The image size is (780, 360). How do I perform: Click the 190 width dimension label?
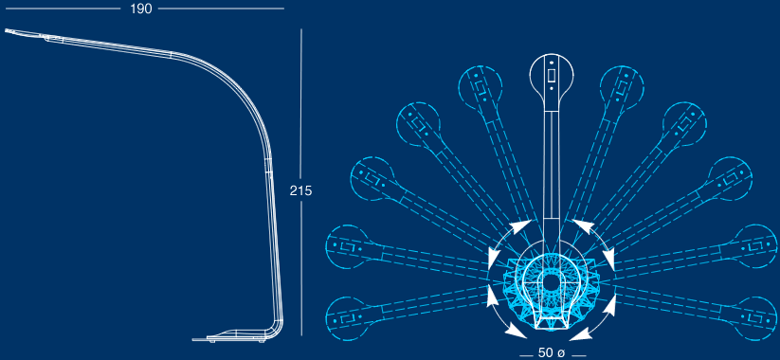coord(141,9)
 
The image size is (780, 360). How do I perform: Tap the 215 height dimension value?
coord(301,190)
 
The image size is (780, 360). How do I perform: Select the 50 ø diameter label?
coord(552,352)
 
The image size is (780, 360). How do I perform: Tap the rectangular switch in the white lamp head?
coord(552,76)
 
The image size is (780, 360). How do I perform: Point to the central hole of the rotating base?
coord(551,282)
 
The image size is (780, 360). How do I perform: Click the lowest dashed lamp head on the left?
coord(348,318)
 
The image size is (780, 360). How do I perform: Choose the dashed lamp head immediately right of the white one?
coord(622,87)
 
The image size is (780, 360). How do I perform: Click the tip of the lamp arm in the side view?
coord(6,30)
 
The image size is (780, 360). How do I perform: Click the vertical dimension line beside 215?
coord(301,182)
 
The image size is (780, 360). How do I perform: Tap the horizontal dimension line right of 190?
coord(221,9)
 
